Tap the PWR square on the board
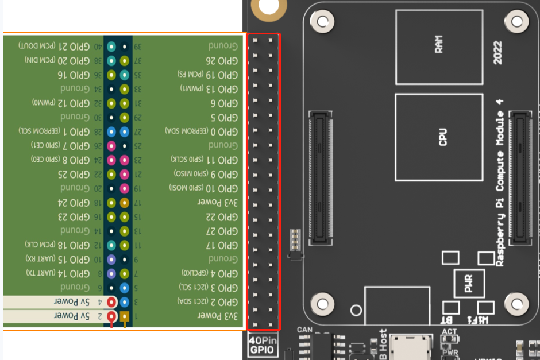[x=469, y=282]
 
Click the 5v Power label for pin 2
[x=72, y=315]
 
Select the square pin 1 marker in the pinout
[x=124, y=316]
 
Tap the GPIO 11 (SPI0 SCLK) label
[x=204, y=159]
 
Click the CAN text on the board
[x=304, y=330]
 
